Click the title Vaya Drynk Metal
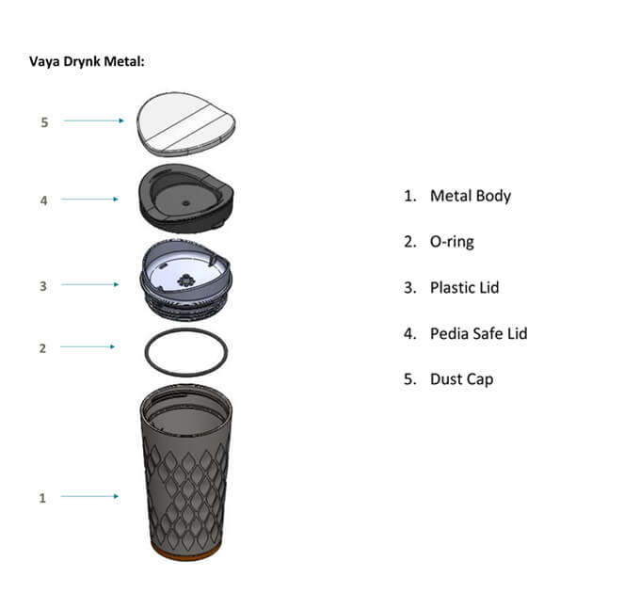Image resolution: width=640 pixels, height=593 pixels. [88, 62]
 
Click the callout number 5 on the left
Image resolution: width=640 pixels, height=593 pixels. [41, 121]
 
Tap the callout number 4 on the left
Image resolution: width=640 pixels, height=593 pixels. [41, 200]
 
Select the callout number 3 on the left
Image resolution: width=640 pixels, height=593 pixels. [41, 285]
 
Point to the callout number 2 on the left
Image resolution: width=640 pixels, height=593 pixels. [41, 348]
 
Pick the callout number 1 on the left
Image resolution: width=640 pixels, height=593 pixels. [41, 498]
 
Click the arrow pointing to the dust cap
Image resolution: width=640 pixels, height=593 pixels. [93, 120]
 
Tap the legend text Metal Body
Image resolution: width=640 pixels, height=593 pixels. [470, 196]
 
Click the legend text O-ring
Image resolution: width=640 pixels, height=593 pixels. [452, 242]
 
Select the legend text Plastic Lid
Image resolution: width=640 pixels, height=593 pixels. [464, 287]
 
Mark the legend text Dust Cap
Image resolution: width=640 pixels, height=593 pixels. [461, 379]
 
